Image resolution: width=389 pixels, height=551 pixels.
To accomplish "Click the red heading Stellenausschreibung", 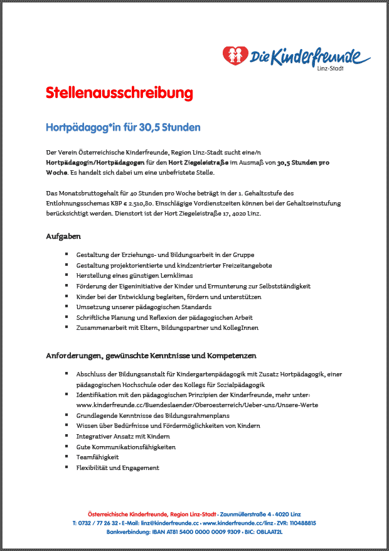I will (x=119, y=94).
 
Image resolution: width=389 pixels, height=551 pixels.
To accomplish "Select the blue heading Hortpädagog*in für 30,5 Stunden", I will (x=123, y=128).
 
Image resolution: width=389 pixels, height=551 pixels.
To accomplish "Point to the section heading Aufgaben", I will (x=63, y=236).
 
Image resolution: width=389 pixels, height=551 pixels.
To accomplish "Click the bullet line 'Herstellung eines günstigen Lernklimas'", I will (x=134, y=276).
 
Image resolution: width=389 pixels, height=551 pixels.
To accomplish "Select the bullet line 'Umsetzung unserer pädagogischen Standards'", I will (x=144, y=307).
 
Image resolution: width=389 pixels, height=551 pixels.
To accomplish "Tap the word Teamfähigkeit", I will (x=97, y=457).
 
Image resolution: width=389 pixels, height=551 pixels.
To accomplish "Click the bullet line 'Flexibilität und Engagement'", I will (x=117, y=468).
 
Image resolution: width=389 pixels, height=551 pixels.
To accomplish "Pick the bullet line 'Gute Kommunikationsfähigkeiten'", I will (x=125, y=447).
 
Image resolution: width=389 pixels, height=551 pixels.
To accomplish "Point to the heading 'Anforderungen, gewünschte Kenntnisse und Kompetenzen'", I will (x=151, y=356).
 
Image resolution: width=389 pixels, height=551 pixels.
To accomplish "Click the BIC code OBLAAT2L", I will (x=269, y=532).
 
